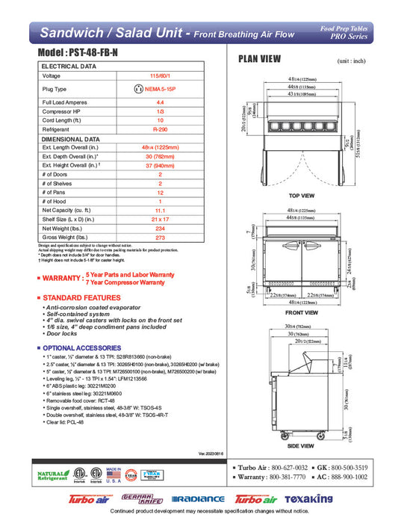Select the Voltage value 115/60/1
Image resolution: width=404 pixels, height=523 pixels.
point(159,75)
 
